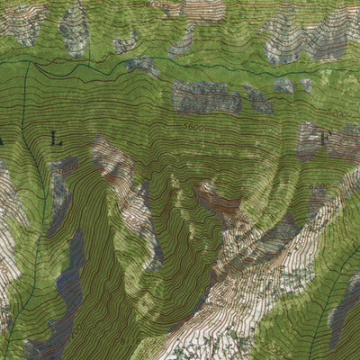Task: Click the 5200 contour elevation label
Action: click(x=335, y=113)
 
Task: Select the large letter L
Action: click(x=57, y=139)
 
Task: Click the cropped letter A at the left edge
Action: click(x=3, y=140)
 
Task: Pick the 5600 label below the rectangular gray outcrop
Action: click(x=192, y=128)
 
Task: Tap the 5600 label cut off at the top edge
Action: click(x=154, y=4)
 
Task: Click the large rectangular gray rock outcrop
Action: click(x=206, y=96)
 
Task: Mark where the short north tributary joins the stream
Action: click(x=89, y=63)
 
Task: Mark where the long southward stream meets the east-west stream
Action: click(x=27, y=64)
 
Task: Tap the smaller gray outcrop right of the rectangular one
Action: click(x=259, y=100)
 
